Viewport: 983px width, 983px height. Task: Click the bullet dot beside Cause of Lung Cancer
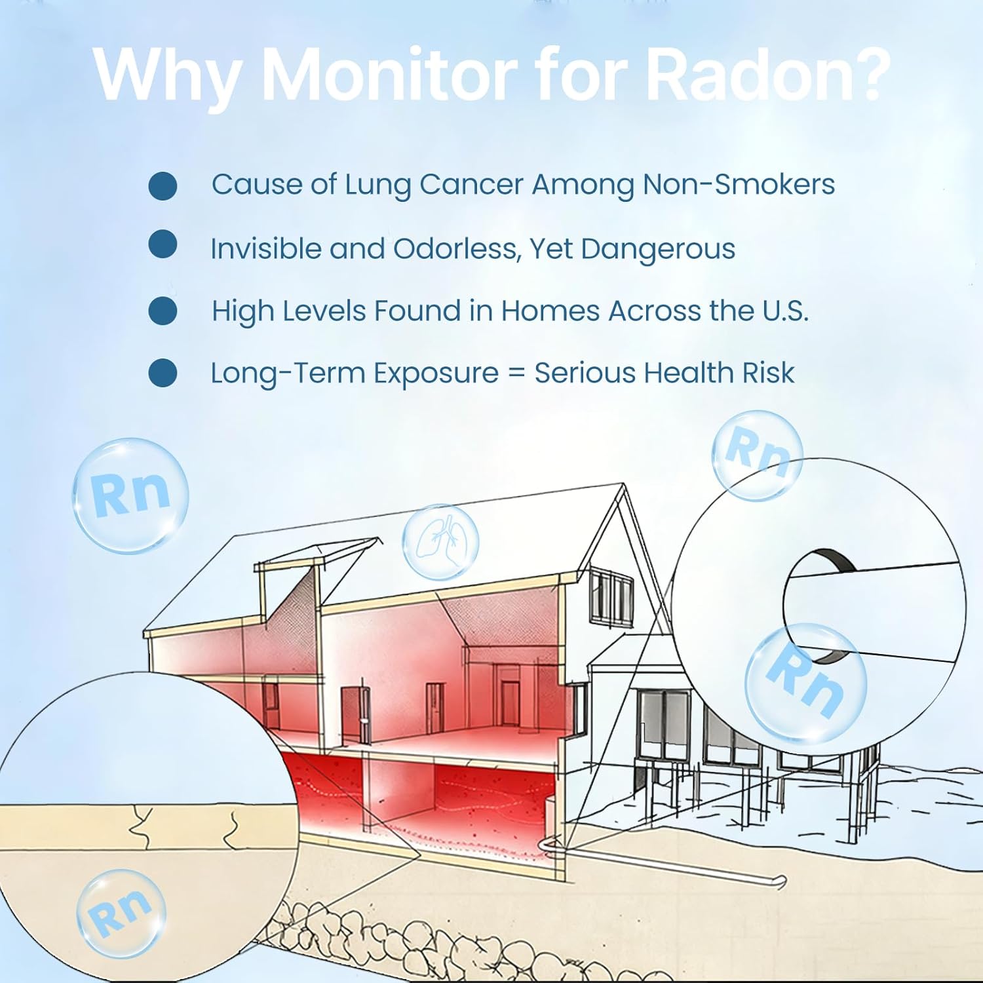point(163,185)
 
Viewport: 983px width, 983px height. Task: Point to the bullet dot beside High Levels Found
point(163,311)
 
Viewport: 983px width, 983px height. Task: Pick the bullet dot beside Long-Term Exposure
point(163,372)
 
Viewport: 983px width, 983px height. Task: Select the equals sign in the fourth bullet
point(516,374)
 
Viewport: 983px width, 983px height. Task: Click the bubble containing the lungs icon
point(440,542)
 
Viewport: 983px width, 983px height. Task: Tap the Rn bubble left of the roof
point(130,495)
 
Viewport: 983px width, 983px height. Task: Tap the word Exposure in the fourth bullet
point(436,374)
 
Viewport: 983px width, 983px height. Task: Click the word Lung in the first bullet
point(378,185)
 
